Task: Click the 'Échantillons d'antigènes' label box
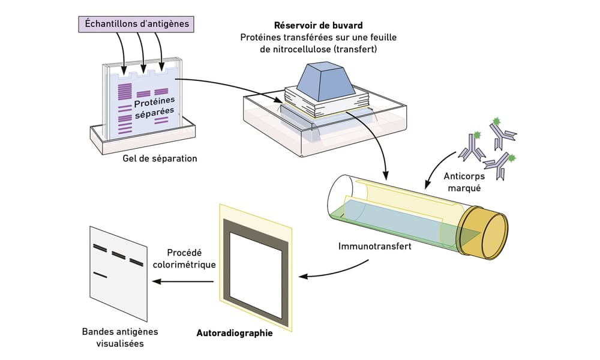[136, 24]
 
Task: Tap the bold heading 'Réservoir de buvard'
[319, 26]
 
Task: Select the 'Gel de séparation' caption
[160, 158]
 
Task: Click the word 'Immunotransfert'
[374, 246]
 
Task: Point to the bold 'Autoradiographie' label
[235, 333]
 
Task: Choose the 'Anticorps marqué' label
[464, 182]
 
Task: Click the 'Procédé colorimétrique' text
[184, 259]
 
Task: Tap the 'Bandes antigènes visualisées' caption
[120, 337]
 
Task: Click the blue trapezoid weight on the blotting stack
[326, 81]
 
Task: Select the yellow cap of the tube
[484, 233]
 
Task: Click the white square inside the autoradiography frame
[256, 273]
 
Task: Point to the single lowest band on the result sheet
[100, 275]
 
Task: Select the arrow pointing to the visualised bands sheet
[182, 281]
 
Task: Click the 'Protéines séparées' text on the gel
[155, 107]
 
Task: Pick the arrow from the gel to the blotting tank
[230, 87]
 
